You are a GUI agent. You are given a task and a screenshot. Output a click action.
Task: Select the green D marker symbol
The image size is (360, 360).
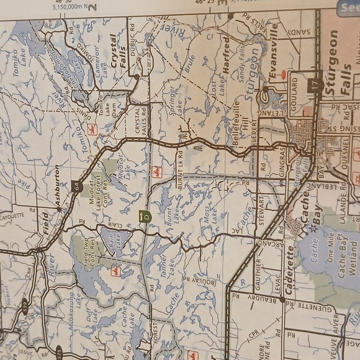[x=145, y=216]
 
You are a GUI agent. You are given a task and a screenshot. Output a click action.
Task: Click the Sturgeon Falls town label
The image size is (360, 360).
[x=335, y=62]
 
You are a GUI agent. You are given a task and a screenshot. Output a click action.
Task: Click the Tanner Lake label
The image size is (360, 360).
[x=160, y=268]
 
